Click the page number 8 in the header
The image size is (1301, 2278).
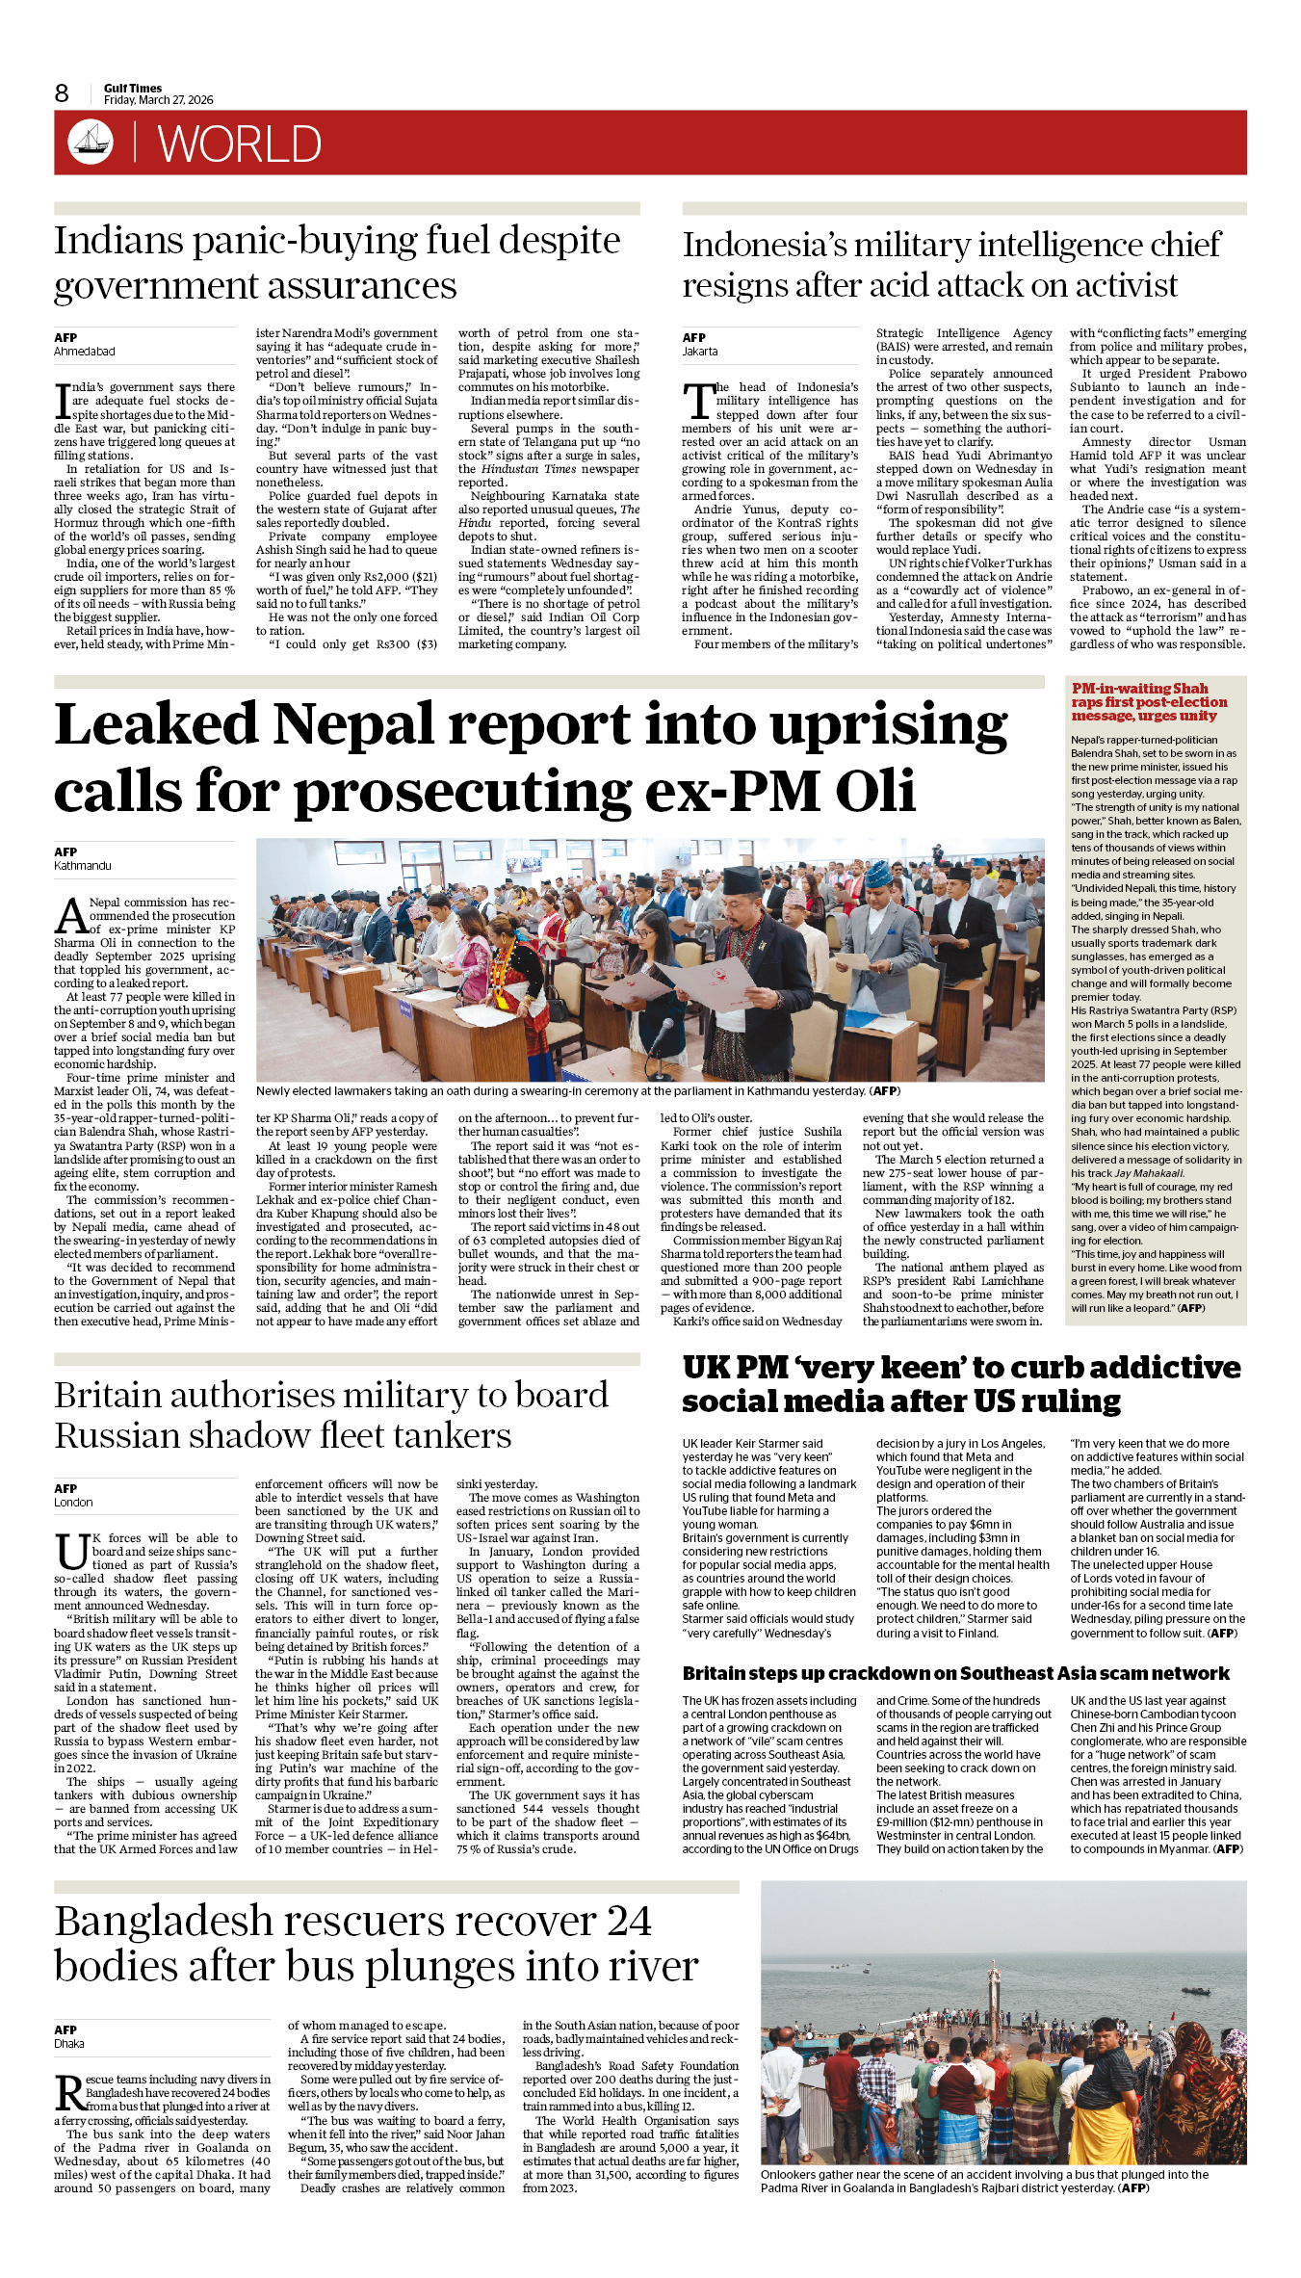62,93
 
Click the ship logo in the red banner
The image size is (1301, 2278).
91,142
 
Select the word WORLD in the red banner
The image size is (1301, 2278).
239,144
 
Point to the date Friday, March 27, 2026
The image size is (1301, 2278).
159,100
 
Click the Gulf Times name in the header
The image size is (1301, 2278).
133,88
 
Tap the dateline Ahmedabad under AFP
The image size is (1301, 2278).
84,352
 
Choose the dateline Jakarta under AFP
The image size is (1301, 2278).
700,352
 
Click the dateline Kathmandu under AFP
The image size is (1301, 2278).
83,866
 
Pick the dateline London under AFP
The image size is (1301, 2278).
73,1502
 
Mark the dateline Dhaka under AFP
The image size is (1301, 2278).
69,2043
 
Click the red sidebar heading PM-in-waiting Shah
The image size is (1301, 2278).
1139,689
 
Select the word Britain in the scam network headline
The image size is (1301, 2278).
717,1674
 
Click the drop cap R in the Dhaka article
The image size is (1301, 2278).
68,2093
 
